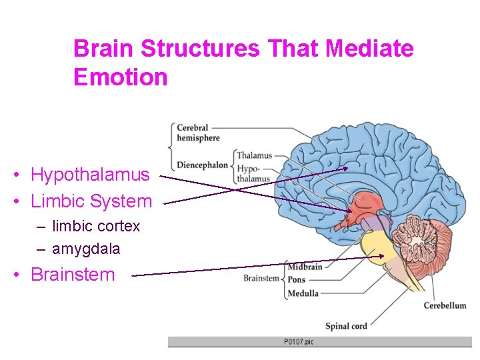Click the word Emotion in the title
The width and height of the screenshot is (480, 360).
point(120,77)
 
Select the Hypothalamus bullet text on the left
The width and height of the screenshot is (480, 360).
point(90,175)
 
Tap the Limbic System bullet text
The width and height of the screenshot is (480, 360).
point(91,201)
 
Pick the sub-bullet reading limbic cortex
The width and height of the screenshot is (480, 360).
point(96,226)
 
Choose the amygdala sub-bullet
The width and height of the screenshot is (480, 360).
point(86,249)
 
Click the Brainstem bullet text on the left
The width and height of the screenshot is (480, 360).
point(73,275)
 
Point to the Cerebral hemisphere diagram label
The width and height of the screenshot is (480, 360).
point(198,133)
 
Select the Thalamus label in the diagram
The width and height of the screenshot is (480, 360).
point(254,156)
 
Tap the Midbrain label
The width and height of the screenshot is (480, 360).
point(305,267)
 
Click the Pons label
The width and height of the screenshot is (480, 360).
point(297,280)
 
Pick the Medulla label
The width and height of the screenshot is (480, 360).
point(303,293)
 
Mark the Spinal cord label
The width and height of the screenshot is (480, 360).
point(346,326)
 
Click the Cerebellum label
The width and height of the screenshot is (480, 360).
point(445,306)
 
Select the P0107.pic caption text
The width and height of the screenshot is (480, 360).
point(299,342)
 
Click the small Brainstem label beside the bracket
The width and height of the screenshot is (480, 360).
point(261,279)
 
